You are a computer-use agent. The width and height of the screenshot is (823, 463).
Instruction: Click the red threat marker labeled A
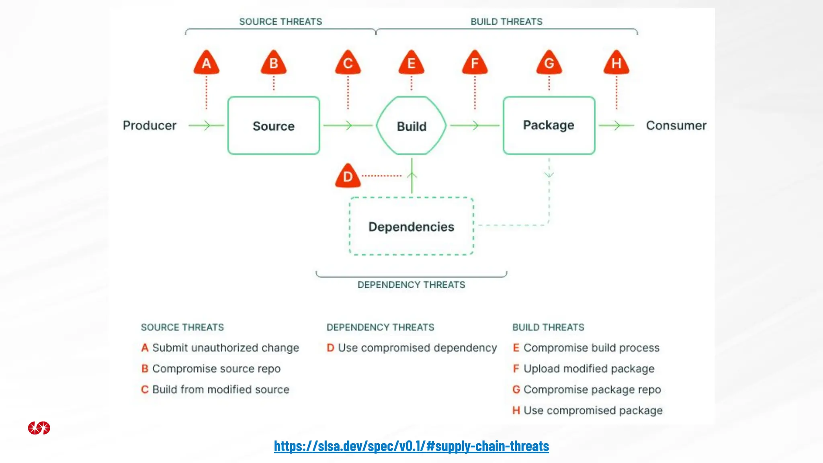pyautogui.click(x=206, y=63)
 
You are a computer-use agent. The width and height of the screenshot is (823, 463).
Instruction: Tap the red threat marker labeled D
pyautogui.click(x=348, y=176)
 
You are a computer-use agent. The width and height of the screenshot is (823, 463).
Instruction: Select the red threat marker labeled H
pyautogui.click(x=616, y=63)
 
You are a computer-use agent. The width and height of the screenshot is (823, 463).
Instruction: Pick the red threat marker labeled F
pyautogui.click(x=475, y=63)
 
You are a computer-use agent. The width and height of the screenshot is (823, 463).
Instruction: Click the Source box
pyautogui.click(x=274, y=126)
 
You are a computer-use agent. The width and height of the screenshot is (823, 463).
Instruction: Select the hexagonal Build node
pyautogui.click(x=411, y=126)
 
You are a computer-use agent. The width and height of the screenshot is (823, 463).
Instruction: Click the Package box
pyautogui.click(x=549, y=125)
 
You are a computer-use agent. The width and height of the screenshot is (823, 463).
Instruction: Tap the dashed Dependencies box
pyautogui.click(x=411, y=226)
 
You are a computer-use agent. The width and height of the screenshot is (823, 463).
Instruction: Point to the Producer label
pyautogui.click(x=149, y=125)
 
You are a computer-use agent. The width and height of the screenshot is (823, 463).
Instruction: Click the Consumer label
pyautogui.click(x=676, y=125)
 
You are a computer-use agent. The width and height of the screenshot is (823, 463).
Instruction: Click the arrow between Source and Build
pyautogui.click(x=348, y=125)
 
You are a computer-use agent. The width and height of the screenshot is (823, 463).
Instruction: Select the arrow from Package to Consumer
pyautogui.click(x=616, y=125)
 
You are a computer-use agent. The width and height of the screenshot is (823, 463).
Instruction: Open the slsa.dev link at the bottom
pyautogui.click(x=411, y=446)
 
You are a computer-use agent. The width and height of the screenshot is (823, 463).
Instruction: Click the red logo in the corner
pyautogui.click(x=39, y=428)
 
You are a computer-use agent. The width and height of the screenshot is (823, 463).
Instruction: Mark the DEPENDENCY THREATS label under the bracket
pyautogui.click(x=411, y=285)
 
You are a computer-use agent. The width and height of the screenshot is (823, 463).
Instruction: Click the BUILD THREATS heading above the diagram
pyautogui.click(x=506, y=22)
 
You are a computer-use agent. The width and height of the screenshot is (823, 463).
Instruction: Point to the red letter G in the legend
pyautogui.click(x=516, y=389)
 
